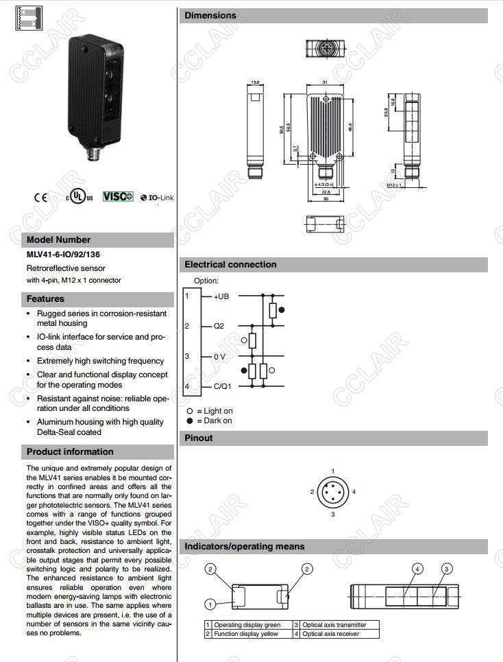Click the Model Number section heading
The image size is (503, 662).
click(x=58, y=240)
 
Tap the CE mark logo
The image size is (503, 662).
click(x=41, y=198)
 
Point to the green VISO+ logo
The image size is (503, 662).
click(x=117, y=197)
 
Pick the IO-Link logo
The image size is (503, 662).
click(x=157, y=198)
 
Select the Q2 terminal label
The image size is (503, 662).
click(x=219, y=326)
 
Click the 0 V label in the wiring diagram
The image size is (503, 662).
click(x=219, y=356)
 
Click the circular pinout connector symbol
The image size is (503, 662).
click(x=332, y=492)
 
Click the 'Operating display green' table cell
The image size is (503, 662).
click(x=247, y=625)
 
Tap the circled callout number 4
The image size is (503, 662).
click(x=417, y=569)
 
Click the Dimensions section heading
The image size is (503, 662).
click(x=210, y=16)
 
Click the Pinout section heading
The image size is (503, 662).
click(x=199, y=438)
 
